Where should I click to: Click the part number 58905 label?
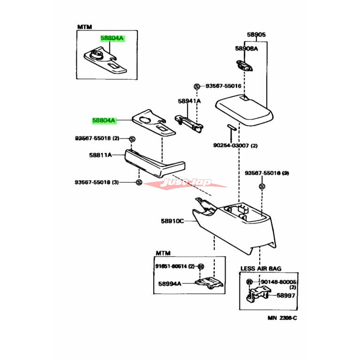coord(256,35)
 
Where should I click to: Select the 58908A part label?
coord(246,48)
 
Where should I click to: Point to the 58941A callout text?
coord(189,101)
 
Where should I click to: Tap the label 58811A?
coord(100,155)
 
